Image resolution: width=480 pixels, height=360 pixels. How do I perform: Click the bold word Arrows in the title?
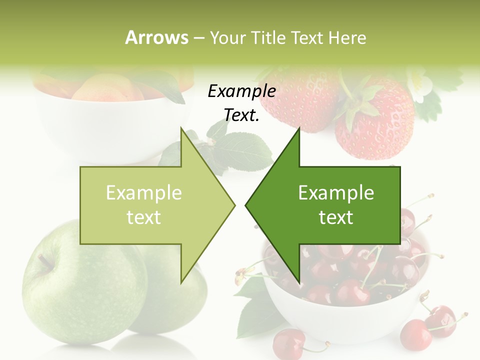click(157, 37)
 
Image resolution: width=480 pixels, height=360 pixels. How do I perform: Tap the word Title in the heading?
click(264, 37)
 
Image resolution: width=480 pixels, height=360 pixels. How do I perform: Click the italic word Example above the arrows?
click(241, 91)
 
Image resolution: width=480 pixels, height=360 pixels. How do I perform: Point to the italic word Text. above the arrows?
click(241, 115)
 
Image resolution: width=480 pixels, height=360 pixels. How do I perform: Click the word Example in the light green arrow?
click(143, 192)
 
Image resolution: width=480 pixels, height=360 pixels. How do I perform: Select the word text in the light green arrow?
click(143, 217)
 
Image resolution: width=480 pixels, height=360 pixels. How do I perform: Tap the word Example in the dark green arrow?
click(336, 192)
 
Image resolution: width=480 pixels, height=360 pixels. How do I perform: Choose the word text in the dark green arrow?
click(336, 217)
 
